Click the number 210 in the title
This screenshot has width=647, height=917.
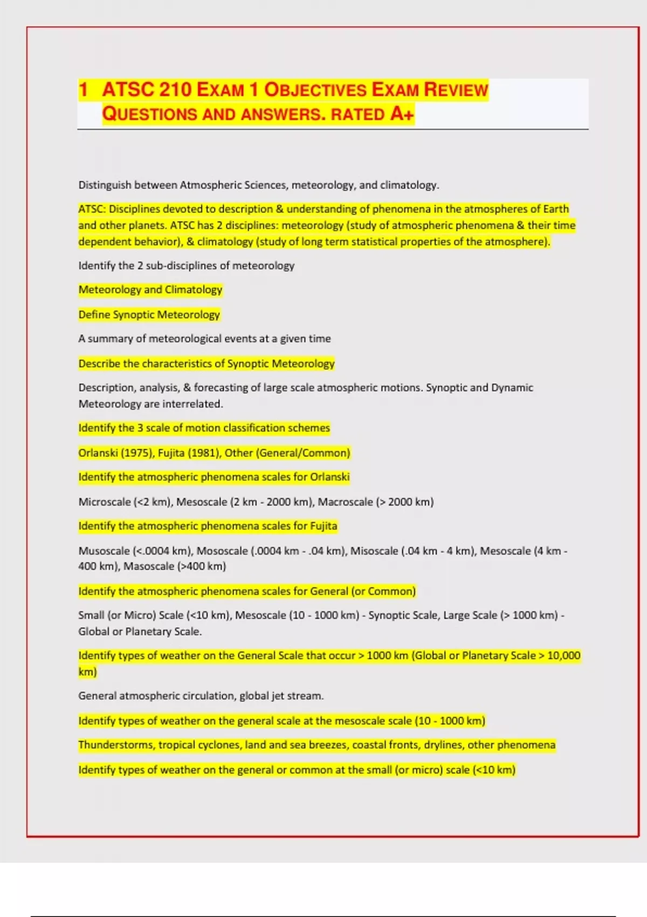tap(175, 90)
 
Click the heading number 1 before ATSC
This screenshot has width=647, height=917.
tap(83, 90)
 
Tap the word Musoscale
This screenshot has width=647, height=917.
tap(104, 551)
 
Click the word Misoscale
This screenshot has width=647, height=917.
tap(374, 551)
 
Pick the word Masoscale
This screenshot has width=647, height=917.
tap(149, 566)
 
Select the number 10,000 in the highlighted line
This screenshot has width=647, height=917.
tap(563, 655)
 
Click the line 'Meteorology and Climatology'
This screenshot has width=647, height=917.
tap(150, 290)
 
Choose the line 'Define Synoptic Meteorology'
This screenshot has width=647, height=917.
tap(149, 314)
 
